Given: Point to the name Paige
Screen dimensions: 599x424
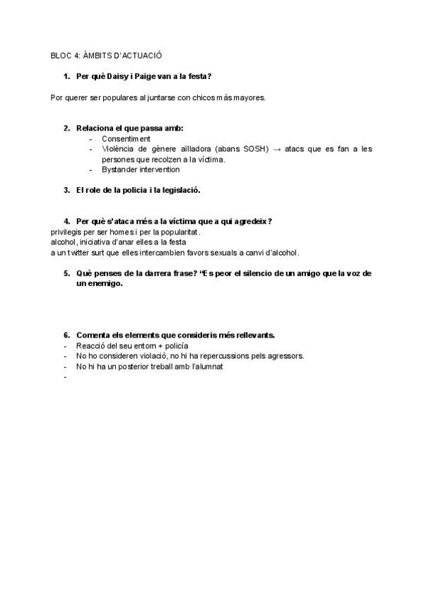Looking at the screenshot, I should [x=145, y=76].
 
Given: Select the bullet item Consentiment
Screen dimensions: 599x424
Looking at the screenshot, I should [x=126, y=139].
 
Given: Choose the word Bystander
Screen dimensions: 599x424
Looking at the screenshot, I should [x=119, y=170].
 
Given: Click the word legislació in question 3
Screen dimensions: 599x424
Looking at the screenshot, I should [x=178, y=191].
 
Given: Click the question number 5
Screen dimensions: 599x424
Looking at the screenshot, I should [x=66, y=273].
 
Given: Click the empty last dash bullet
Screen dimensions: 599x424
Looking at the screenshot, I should [x=65, y=377].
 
